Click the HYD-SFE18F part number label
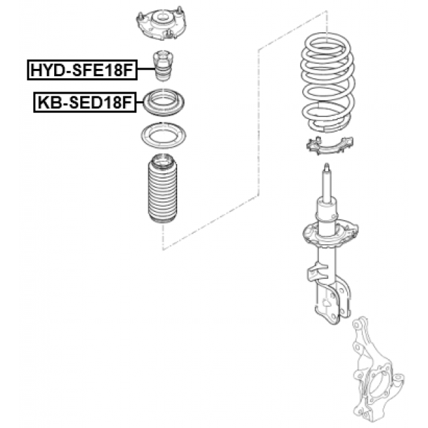click(x=82, y=70)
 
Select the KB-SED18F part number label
click(x=85, y=102)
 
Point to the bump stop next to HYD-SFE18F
click(x=163, y=66)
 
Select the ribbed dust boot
click(x=163, y=189)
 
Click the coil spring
click(x=328, y=82)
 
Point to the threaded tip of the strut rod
click(x=327, y=166)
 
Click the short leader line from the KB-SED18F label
click(x=140, y=102)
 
